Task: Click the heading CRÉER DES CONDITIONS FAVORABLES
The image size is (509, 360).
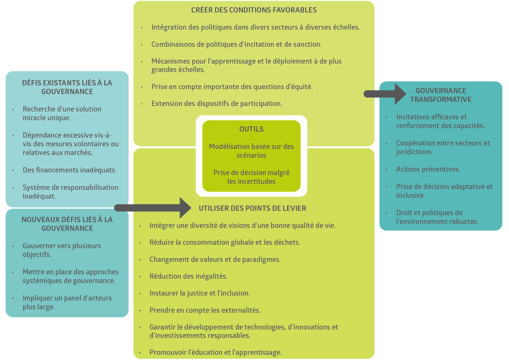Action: [254, 10]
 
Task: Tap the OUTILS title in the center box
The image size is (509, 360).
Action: [251, 129]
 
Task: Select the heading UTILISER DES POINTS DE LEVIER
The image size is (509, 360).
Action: [252, 208]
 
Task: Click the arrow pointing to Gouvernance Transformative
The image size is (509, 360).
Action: [385, 94]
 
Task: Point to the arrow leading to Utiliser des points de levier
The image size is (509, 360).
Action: [152, 208]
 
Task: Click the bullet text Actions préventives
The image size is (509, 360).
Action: [428, 169]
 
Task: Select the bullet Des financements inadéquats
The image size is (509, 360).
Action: [70, 170]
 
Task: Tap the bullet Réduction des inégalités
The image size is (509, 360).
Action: [188, 276]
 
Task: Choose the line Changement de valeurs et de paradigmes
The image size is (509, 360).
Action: [215, 260]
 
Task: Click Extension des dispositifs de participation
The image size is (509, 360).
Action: [216, 104]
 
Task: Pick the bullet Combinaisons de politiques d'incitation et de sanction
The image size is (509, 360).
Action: [236, 44]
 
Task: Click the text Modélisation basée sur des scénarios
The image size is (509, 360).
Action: [251, 151]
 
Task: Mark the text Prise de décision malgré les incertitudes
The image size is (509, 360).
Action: [251, 177]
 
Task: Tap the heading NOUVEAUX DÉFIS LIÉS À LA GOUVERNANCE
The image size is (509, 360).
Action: [67, 224]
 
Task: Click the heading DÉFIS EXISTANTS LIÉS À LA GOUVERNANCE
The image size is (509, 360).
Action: [67, 87]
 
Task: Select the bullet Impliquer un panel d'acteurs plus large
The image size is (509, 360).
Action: [67, 303]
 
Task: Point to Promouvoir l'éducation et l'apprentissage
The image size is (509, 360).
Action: [215, 352]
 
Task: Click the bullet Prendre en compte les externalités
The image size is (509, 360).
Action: [205, 310]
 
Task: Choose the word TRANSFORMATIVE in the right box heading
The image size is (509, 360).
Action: [441, 100]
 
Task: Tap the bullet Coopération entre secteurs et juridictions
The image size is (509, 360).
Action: [443, 147]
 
